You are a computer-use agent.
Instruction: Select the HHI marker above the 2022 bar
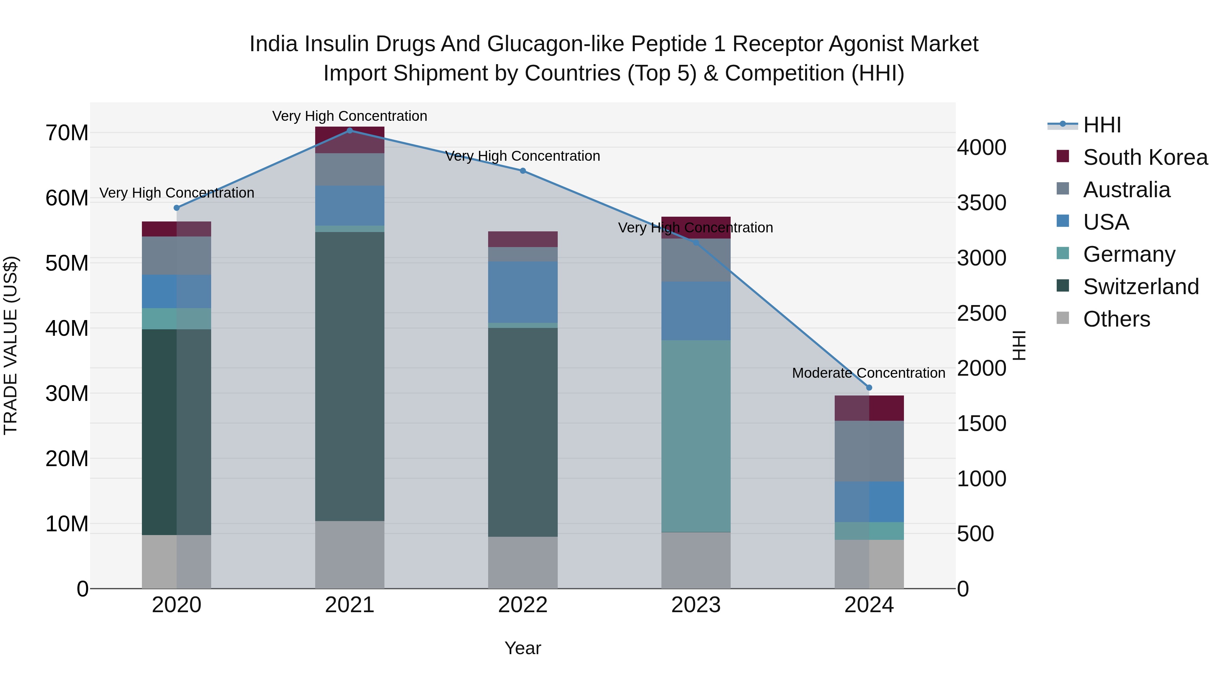click(x=523, y=171)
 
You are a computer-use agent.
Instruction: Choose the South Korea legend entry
click(x=1145, y=157)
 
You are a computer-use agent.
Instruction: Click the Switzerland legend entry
click(x=1140, y=287)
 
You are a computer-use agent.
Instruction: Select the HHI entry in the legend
click(x=1102, y=125)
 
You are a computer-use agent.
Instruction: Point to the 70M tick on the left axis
click(x=67, y=133)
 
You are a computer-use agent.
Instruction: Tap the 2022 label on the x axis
click(x=523, y=605)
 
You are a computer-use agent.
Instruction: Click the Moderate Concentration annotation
click(x=868, y=373)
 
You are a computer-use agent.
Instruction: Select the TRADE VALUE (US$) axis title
click(x=11, y=345)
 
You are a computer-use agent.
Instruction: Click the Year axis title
click(x=523, y=648)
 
